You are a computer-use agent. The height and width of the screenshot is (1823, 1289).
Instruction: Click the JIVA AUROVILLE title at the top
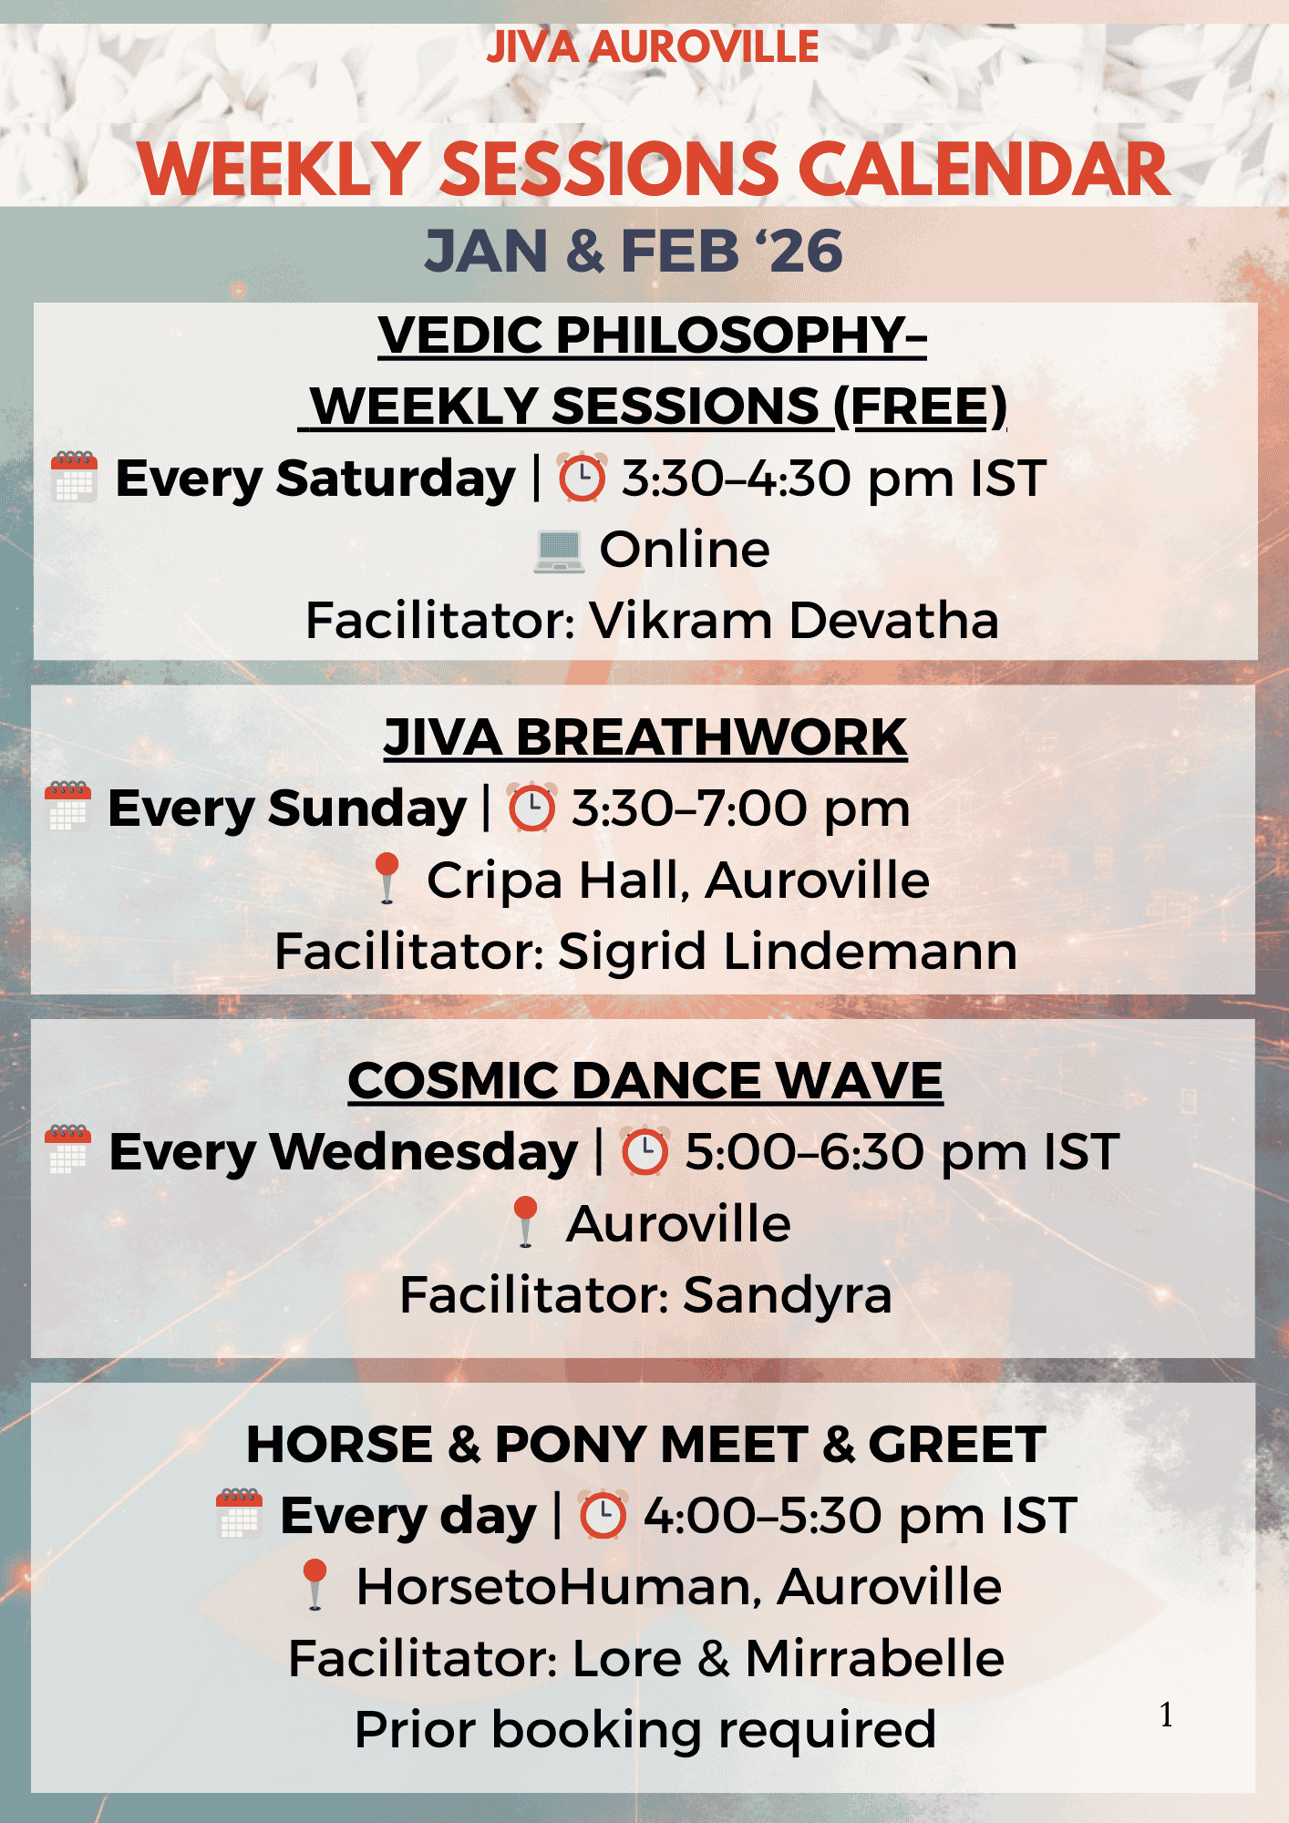[652, 47]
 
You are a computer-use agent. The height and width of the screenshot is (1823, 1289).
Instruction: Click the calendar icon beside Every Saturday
[75, 476]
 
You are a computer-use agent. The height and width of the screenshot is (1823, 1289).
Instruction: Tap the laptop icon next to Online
[559, 551]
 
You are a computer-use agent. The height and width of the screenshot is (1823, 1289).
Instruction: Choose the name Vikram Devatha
[794, 621]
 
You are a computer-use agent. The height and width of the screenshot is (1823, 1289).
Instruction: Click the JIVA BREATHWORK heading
[645, 737]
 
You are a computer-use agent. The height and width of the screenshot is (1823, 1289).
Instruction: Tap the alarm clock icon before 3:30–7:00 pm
[531, 808]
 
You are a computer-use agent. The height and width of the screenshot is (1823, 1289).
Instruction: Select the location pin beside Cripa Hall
[387, 878]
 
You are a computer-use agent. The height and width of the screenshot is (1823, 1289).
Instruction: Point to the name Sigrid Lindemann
[788, 952]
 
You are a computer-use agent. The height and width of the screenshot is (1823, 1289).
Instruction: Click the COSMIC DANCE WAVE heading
[645, 1081]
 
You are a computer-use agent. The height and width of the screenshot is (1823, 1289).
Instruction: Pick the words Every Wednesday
[344, 1152]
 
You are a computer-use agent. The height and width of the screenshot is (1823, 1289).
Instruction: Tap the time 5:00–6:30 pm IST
[902, 1152]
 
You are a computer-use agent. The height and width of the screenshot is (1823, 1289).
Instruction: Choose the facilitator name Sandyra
[788, 1296]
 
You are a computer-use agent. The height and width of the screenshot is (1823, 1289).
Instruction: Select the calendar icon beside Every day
[240, 1514]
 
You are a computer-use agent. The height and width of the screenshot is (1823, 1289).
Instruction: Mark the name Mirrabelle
[875, 1658]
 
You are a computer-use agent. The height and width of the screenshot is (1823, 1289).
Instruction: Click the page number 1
[1167, 1715]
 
